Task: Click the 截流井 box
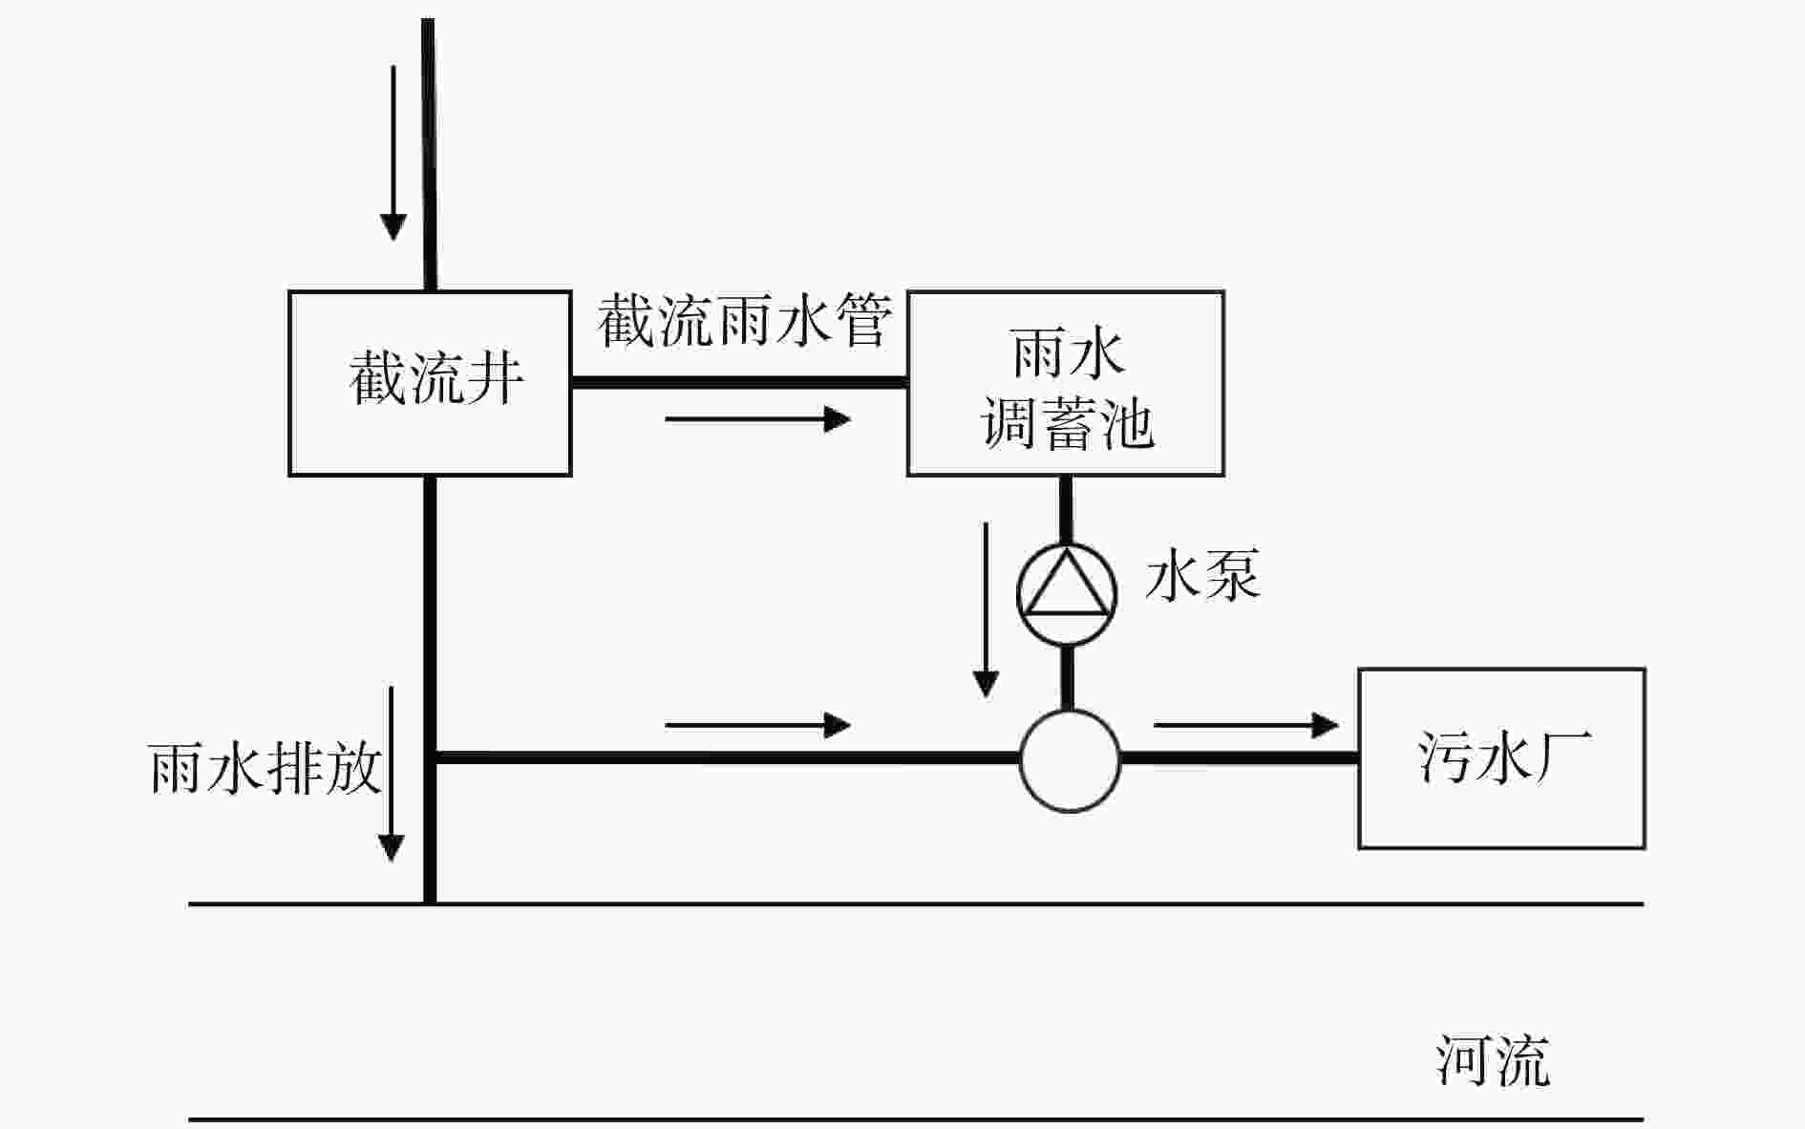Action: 430,382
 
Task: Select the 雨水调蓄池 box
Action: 1065,382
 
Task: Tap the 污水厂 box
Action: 1501,757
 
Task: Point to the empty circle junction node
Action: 1070,760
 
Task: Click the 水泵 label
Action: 1202,575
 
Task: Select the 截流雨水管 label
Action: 745,321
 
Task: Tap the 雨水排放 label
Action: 265,768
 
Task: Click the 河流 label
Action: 1493,1060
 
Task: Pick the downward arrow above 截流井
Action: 393,153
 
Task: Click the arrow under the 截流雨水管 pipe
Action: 757,418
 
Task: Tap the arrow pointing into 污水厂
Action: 1246,725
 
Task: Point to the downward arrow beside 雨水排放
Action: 391,774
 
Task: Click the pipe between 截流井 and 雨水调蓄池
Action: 738,382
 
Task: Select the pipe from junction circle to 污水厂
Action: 1239,758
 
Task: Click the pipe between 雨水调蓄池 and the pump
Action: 1066,508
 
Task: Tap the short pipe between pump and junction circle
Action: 1068,677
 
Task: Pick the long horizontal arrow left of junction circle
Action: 757,725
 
